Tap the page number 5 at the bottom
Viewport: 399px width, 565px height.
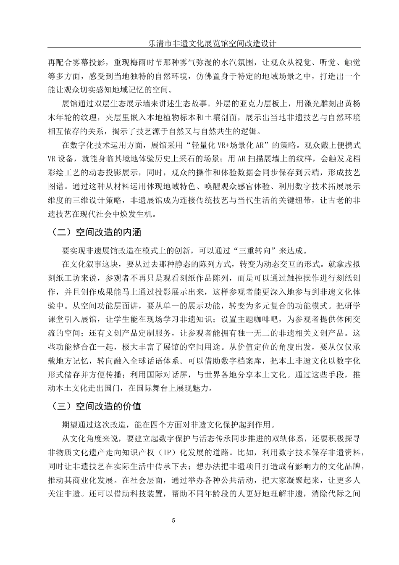pos(173,520)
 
